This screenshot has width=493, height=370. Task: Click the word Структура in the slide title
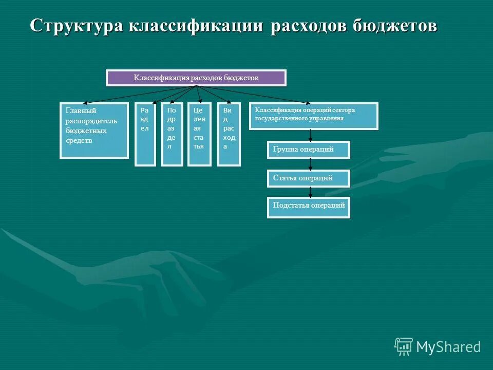coord(76,26)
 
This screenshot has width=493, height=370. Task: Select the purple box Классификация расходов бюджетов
coord(196,78)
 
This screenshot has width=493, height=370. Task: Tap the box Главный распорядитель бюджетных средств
coord(94,131)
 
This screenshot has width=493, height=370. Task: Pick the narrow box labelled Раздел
coord(145,135)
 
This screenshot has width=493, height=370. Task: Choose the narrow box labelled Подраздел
coord(172,135)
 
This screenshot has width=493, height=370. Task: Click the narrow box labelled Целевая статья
coord(199,135)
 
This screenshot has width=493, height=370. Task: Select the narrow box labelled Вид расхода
coord(229,135)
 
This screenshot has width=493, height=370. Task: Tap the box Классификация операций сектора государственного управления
coord(313,116)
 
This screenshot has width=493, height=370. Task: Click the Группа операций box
coord(308,150)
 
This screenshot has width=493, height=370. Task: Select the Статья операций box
coord(308,178)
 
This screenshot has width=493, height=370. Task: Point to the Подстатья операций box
coord(308,208)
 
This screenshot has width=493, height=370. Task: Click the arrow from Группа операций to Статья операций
coord(310,164)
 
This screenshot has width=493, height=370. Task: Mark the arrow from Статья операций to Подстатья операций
coord(310,192)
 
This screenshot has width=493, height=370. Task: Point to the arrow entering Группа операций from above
coord(310,136)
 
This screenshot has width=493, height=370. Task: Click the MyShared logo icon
coord(403,346)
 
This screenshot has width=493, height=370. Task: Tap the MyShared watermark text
coord(448,347)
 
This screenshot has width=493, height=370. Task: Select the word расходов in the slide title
coord(309,26)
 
